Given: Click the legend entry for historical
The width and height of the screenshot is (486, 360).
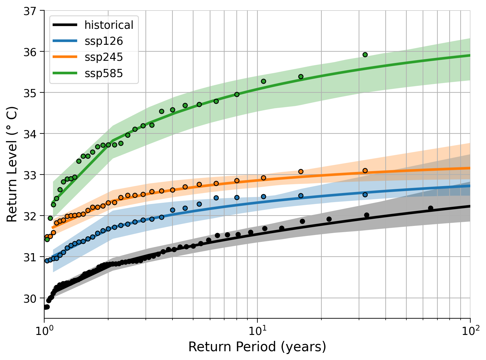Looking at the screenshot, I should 109,25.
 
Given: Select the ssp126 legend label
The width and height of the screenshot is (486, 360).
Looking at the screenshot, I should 103,41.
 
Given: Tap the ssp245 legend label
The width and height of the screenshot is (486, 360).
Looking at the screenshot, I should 103,57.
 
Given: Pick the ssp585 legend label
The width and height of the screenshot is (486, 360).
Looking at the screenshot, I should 103,74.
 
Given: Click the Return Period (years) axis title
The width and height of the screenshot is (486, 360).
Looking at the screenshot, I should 257,347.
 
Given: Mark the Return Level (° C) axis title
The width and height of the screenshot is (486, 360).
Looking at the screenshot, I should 12,164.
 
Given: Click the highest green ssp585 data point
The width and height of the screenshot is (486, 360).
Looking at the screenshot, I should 365,55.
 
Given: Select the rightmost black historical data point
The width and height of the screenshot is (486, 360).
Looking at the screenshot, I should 431,208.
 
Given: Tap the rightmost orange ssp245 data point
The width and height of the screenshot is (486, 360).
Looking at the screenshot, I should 365,170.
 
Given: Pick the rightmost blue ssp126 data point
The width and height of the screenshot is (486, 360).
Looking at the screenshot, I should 365,195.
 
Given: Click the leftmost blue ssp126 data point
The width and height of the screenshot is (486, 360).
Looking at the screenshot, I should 47,260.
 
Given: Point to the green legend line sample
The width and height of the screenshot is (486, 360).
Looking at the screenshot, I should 65,74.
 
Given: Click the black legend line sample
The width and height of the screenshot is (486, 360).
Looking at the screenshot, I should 65,25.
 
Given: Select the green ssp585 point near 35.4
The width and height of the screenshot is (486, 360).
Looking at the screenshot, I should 301,76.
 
